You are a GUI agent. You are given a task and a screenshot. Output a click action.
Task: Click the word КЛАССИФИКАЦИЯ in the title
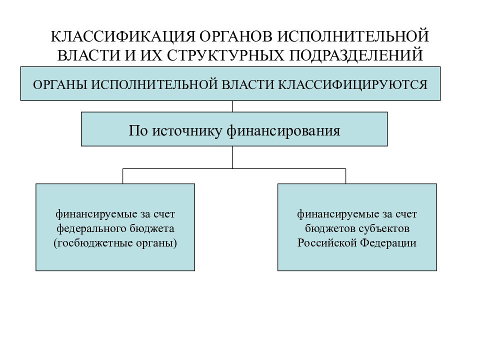123,36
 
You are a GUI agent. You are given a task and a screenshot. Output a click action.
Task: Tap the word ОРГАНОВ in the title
235,36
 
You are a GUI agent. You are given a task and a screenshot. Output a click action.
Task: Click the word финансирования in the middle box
283,131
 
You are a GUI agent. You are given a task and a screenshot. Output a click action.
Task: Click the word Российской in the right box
327,243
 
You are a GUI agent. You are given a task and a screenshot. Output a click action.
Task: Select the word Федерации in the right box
388,243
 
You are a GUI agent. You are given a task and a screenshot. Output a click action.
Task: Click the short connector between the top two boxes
232,106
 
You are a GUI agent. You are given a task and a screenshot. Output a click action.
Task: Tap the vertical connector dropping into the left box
123,176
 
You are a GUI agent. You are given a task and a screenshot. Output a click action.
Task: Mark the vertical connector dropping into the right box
345,176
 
